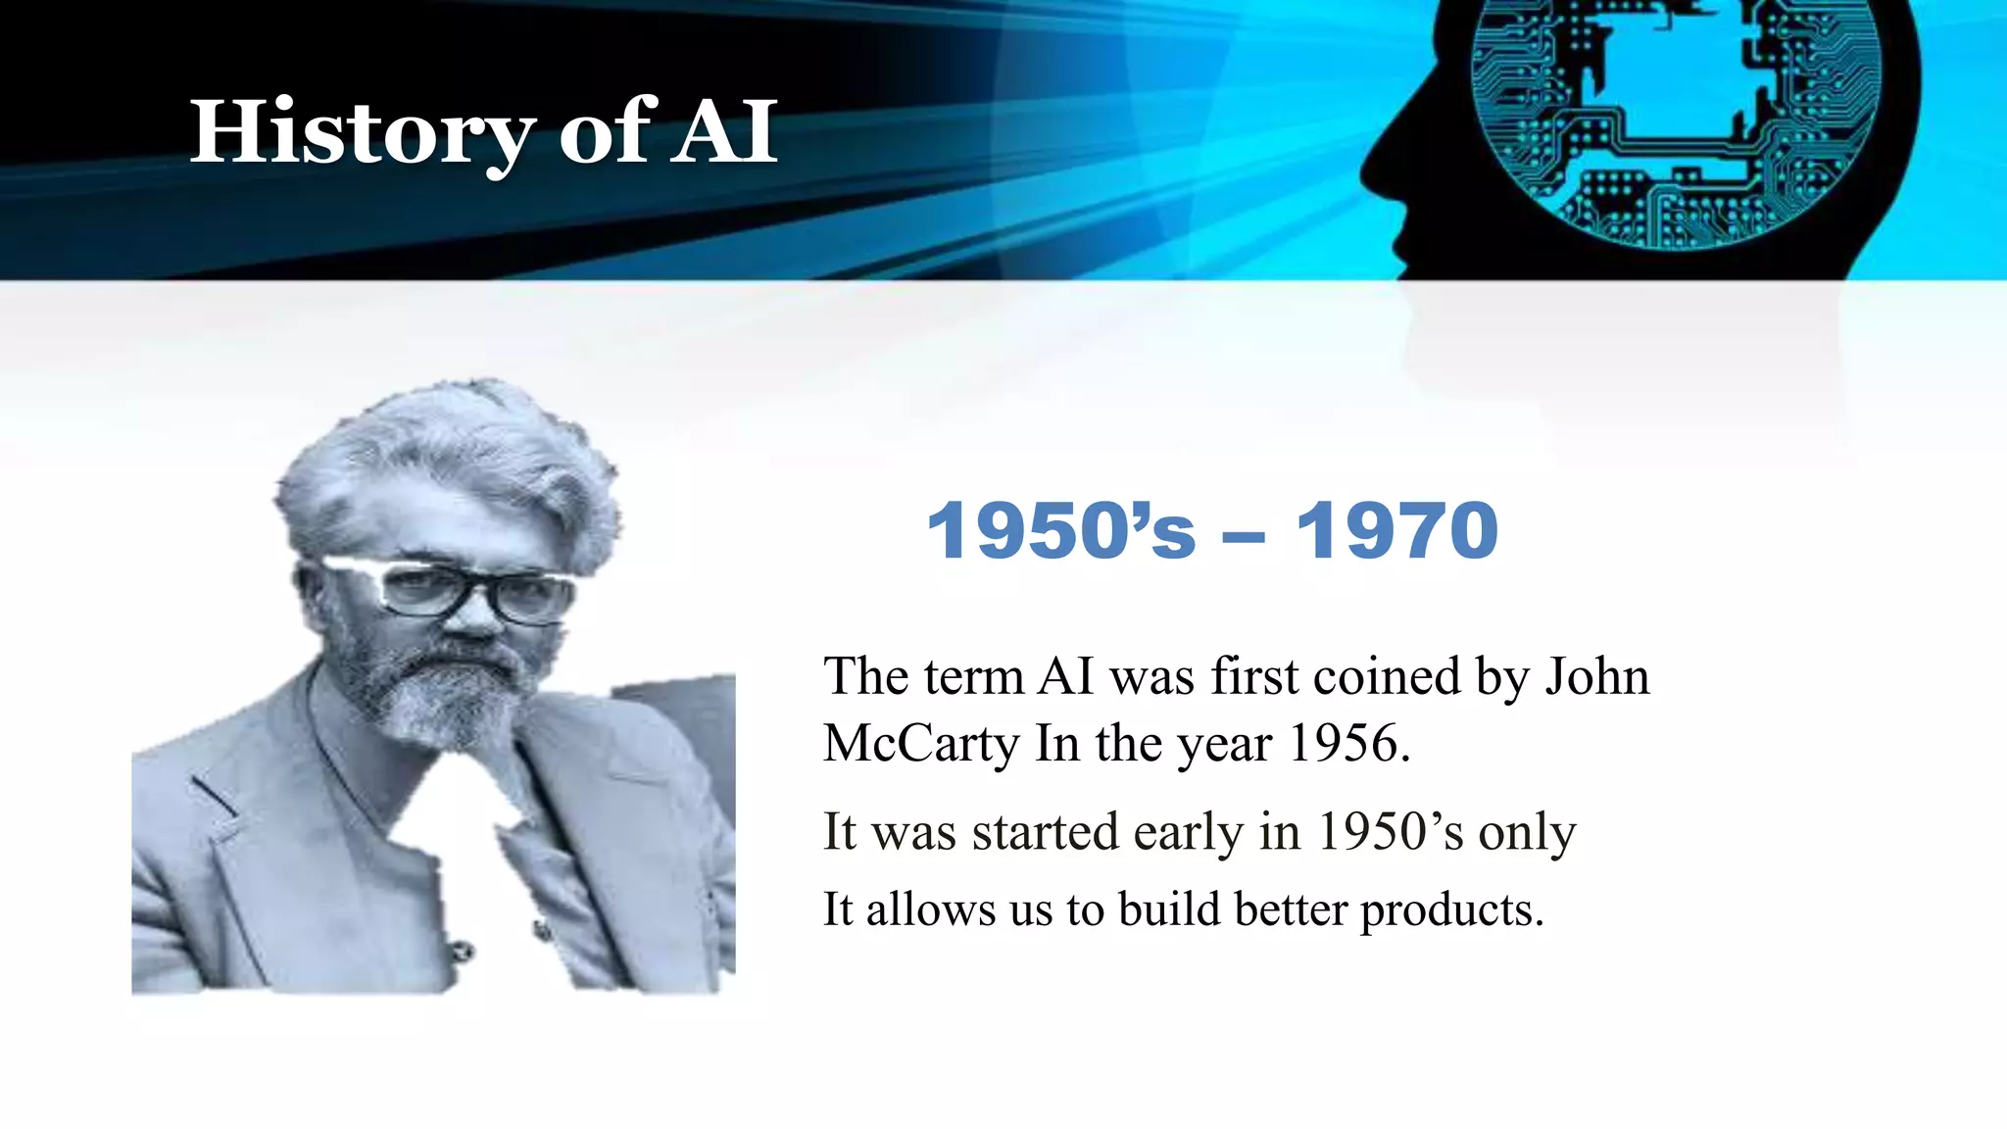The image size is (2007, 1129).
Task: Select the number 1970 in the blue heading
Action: [x=1396, y=531]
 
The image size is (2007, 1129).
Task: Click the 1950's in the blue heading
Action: [x=1061, y=531]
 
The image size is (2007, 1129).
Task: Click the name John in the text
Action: [x=1597, y=676]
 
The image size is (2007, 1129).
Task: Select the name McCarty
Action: [x=921, y=743]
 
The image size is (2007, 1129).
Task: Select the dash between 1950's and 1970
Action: [x=1244, y=537]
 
